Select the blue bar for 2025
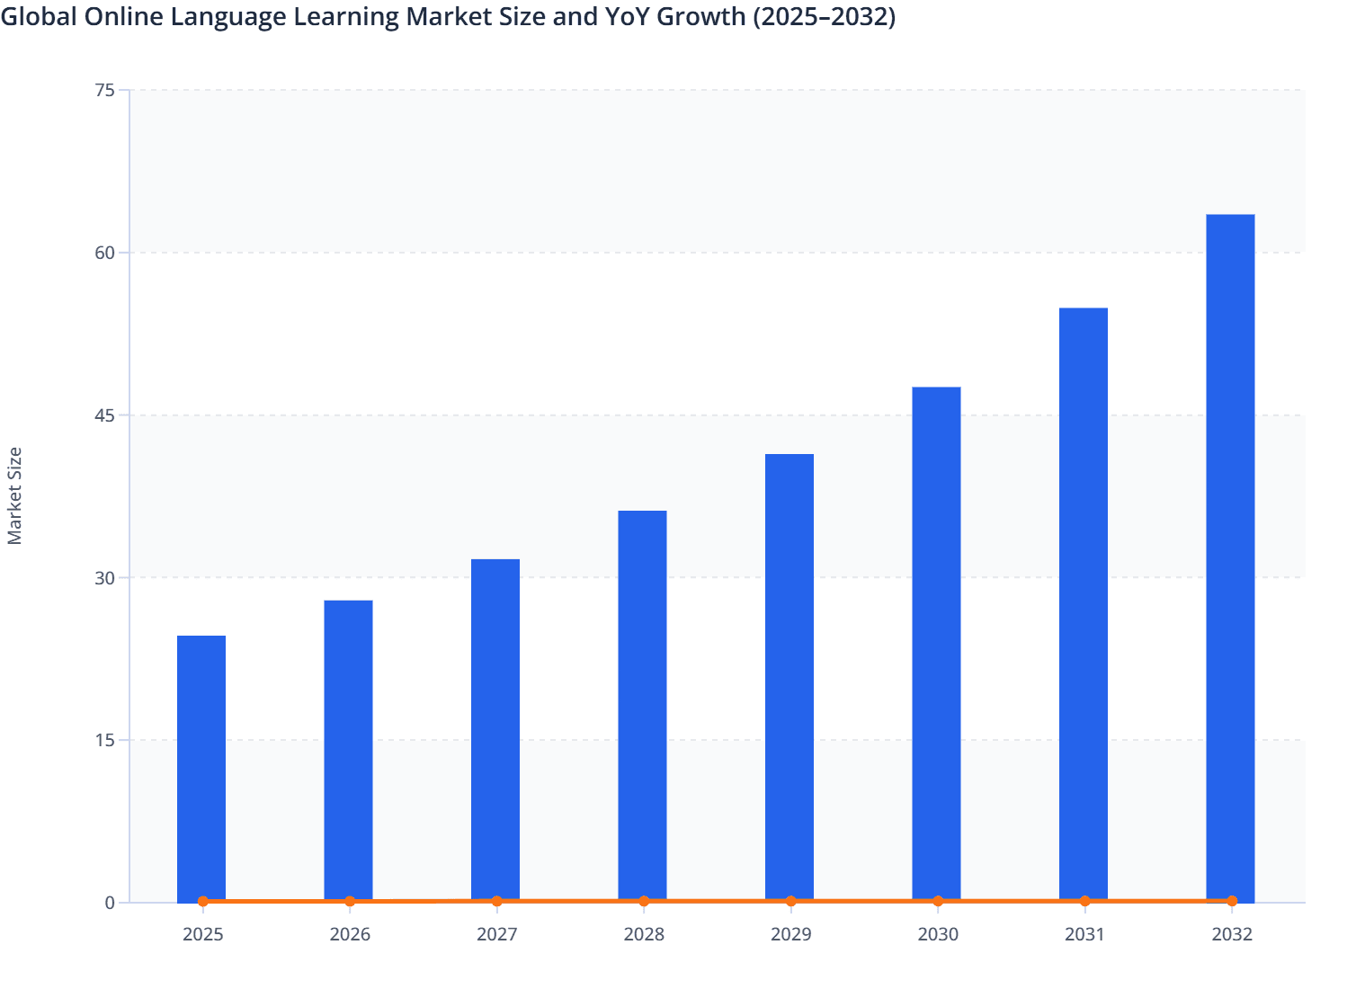201,769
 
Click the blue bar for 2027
495,730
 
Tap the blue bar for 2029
790,678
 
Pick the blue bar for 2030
936,644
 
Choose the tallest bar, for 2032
1230,557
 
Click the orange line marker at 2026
350,901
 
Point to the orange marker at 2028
644,901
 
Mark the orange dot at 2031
1084,901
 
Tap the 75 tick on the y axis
104,90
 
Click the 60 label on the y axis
104,253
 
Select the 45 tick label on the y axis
104,415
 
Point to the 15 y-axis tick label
104,740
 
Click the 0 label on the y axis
110,903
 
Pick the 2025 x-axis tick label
202,934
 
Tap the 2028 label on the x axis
644,934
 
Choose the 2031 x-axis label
1084,934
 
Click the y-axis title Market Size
15,495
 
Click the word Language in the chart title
235,17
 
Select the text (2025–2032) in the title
825,17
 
